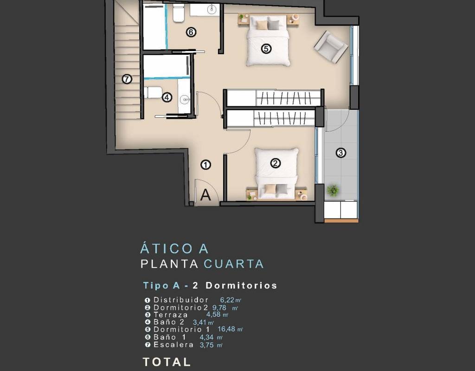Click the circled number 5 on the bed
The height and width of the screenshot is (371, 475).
[266, 48]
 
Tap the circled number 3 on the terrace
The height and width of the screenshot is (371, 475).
[341, 153]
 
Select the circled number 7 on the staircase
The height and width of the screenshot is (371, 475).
[127, 79]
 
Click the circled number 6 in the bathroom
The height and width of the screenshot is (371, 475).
[191, 32]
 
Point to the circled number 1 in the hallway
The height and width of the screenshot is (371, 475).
[205, 165]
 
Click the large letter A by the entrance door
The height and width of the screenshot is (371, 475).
[205, 195]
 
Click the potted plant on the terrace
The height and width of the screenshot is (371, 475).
[333, 191]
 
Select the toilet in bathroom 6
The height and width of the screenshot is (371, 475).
[179, 13]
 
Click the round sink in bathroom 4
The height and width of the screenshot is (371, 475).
[185, 99]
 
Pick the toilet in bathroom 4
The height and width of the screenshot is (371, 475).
[153, 92]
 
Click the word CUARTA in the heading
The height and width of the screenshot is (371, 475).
[234, 264]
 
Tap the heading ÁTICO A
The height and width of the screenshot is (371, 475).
[174, 249]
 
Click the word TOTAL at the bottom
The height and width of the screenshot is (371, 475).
[167, 362]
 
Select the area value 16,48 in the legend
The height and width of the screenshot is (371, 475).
[226, 329]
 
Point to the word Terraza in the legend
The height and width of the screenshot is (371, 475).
[171, 315]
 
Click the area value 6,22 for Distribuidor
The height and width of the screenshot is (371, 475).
[227, 300]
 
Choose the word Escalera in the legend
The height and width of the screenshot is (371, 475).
[173, 345]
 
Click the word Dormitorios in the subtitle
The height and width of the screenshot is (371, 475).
[241, 286]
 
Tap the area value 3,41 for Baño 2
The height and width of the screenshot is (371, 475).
[199, 323]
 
